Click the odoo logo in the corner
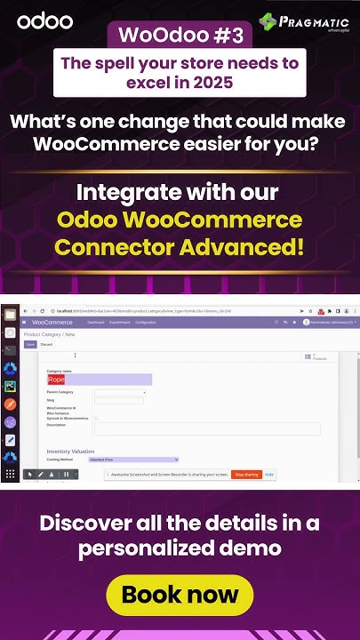[x=36, y=20]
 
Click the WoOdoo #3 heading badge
[x=179, y=36]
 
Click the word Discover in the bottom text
[x=84, y=523]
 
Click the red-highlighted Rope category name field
[x=99, y=379]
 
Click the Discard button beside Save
[x=47, y=344]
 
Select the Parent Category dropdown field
[x=120, y=392]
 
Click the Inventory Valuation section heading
[x=70, y=452]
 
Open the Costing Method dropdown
[x=133, y=460]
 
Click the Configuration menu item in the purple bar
[x=146, y=322]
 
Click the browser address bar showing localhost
[x=133, y=310]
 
